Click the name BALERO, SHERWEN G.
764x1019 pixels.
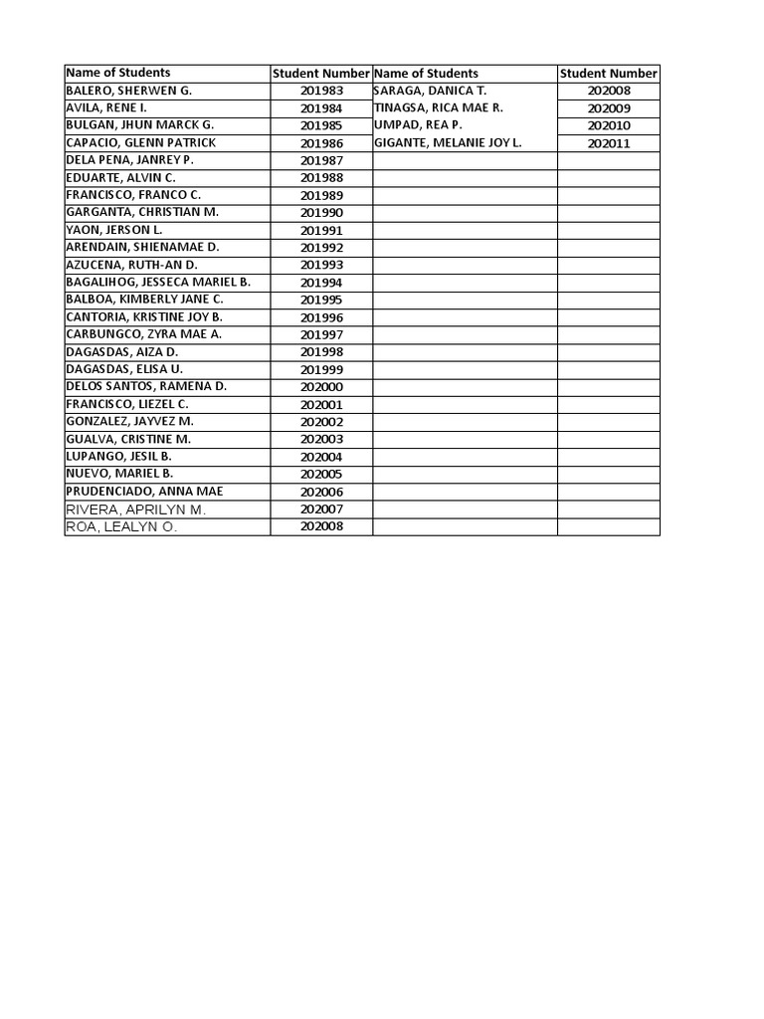128,91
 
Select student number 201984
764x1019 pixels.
321,108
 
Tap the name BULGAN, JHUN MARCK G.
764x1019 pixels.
139,125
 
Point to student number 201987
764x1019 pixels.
321,161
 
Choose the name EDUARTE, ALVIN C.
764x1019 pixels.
120,177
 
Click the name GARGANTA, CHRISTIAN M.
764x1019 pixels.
142,212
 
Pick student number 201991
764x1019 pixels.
321,231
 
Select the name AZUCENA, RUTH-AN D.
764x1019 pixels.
131,265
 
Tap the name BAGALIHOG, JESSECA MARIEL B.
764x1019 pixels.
158,282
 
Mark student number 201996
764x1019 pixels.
321,317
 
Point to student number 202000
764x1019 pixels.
321,387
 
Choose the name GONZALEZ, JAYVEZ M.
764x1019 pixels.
129,421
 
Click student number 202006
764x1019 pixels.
321,492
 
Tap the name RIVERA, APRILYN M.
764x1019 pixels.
135,509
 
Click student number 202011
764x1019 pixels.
609,143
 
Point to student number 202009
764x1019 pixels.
609,108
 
